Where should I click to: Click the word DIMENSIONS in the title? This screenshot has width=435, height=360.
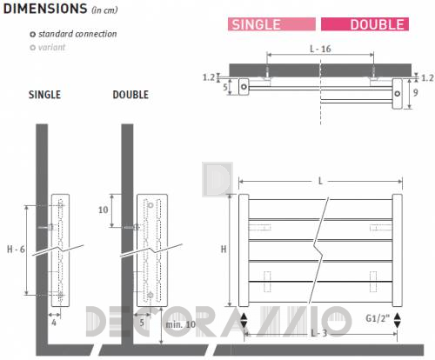coord(45,9)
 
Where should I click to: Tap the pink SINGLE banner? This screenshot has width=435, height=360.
coord(271,24)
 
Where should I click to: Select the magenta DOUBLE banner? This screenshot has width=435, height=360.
coord(365,24)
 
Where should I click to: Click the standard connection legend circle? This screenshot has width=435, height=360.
coord(33,35)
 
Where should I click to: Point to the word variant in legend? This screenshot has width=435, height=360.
coord(51,47)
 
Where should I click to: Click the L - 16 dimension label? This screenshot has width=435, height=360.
coord(320,49)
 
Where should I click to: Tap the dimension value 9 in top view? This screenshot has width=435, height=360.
coord(416,93)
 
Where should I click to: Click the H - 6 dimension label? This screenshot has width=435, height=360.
coord(16,250)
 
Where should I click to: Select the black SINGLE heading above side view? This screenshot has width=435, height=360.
coord(44,95)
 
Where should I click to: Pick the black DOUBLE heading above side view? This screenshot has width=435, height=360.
coord(130,95)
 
